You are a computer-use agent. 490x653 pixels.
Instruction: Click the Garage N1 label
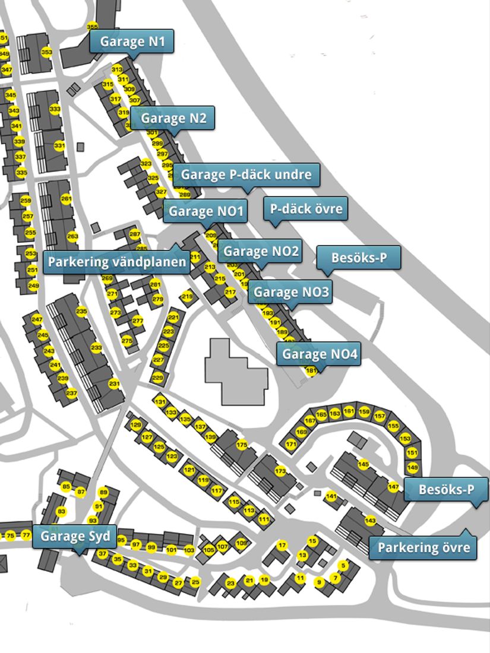point(131,42)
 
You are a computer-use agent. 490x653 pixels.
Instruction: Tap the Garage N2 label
point(173,118)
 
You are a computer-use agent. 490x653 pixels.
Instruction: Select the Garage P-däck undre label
point(246,175)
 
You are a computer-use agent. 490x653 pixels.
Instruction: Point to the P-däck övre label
point(306,209)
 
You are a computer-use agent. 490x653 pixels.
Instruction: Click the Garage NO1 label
point(206,211)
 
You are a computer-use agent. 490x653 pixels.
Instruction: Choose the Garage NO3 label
point(290,292)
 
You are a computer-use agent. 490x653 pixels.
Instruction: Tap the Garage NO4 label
point(320,354)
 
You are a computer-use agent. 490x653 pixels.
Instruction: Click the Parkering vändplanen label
point(117,262)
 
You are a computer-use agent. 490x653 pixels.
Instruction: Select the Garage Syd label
point(75,537)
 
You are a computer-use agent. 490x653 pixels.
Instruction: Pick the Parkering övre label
point(423,547)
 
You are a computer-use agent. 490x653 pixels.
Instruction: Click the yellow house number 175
point(242,445)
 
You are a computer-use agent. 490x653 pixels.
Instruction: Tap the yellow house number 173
point(280,471)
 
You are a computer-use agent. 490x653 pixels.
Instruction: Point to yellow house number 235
point(81,312)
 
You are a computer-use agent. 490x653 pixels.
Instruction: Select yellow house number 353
point(46,52)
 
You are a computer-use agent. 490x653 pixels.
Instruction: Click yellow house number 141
point(331,496)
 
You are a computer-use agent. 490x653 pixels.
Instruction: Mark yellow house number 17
point(282,544)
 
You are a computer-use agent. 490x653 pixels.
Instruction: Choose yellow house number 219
point(188,297)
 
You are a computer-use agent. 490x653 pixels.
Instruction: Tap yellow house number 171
point(291,444)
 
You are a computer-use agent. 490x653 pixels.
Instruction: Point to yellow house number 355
point(92,27)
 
